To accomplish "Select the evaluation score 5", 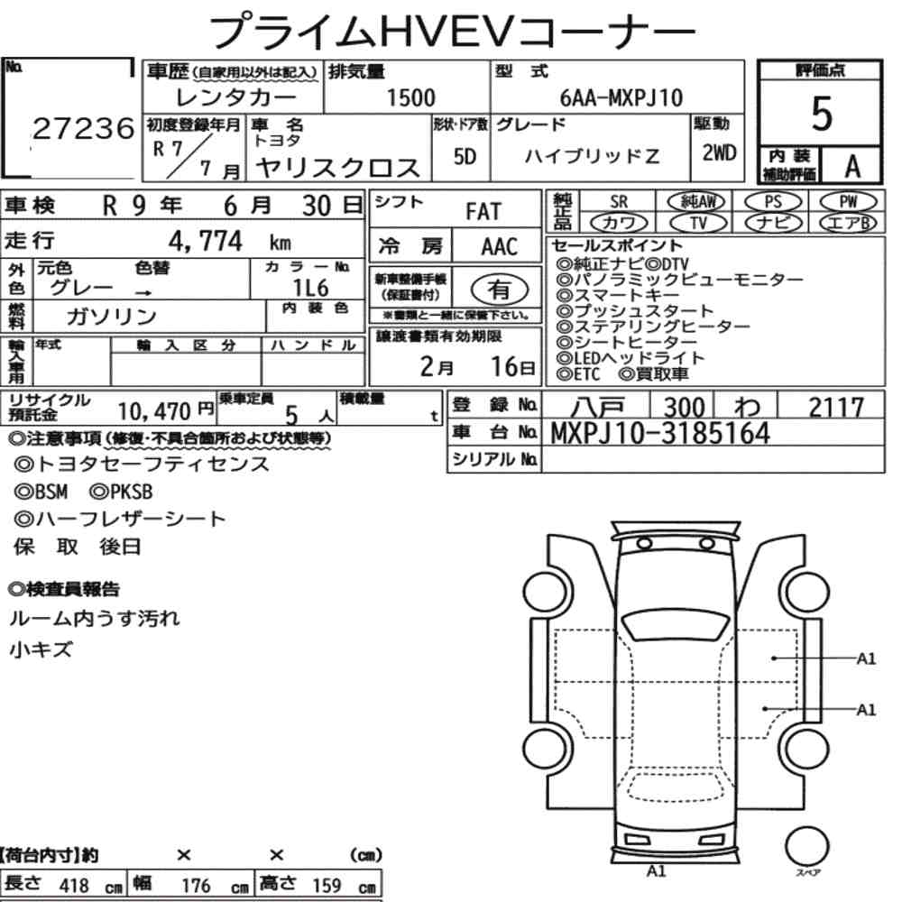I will coord(821,114).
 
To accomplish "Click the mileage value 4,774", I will coord(207,242).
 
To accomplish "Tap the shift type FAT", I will coord(483,211).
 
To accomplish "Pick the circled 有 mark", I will coord(499,290).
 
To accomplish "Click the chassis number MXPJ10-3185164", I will coord(660,434).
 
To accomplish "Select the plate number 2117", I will coord(835,407).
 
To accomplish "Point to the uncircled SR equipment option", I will coord(618,202).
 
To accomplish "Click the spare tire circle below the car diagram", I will coord(806,847).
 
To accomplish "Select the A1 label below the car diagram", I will coord(656,870).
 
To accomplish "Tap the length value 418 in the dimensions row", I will coord(74,885).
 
